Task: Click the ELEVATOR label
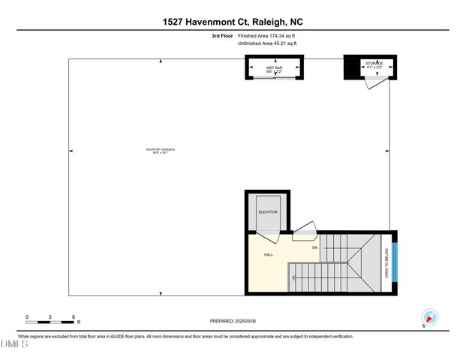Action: pos(268,212)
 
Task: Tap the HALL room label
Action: pos(268,255)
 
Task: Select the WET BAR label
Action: pos(273,68)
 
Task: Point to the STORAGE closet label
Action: pos(374,64)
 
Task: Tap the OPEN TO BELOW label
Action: pos(386,264)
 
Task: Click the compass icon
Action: pos(430,318)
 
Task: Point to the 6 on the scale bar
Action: pos(72,317)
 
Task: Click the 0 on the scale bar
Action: pos(27,317)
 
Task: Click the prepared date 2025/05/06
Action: pos(245,321)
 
